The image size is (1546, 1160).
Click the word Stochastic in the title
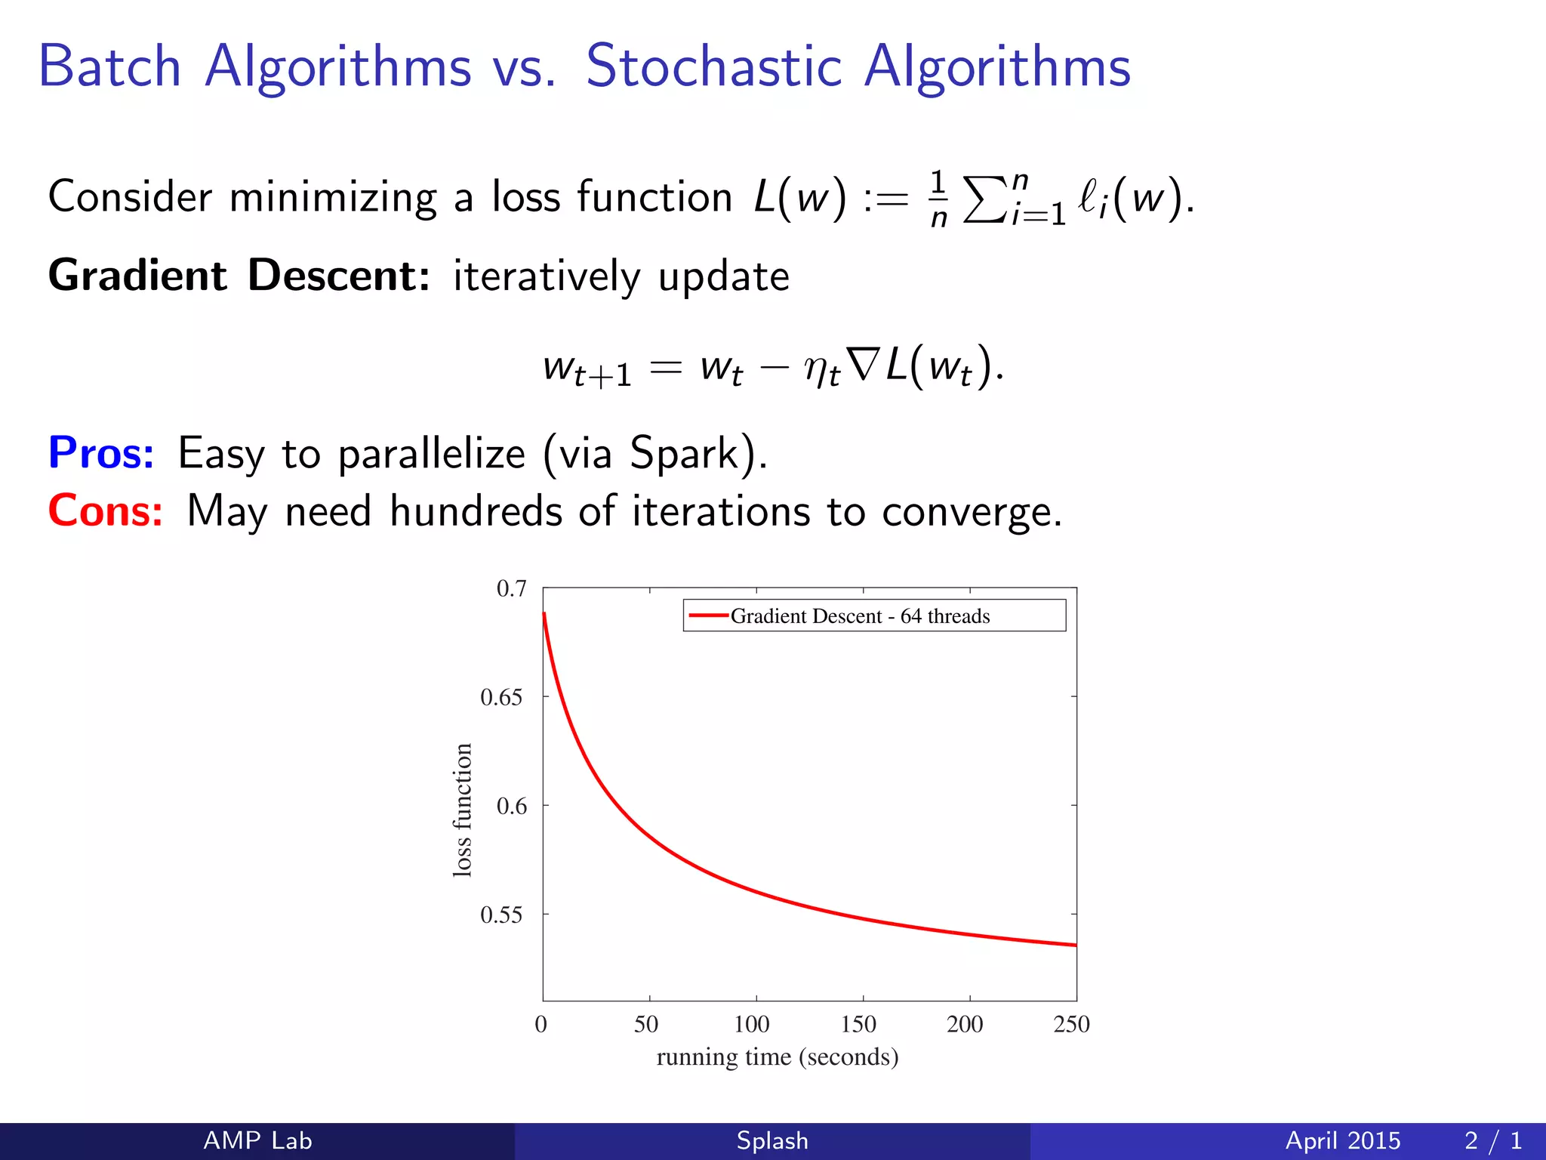(713, 66)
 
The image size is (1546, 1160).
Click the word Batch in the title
(110, 66)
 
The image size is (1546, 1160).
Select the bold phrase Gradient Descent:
(239, 275)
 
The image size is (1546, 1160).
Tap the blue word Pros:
(101, 453)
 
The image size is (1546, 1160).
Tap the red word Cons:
(105, 511)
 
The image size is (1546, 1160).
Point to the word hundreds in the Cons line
(476, 511)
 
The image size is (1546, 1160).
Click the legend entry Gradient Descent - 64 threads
(859, 616)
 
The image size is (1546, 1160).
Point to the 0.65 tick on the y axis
(501, 697)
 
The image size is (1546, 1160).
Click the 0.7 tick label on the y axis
(511, 588)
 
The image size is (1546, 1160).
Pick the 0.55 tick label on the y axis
(501, 915)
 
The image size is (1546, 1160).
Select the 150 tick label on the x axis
(859, 1024)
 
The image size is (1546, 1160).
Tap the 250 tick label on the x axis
(1071, 1024)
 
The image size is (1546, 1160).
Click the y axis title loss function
(462, 810)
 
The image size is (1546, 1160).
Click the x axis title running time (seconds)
(778, 1057)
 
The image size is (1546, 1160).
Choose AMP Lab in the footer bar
(257, 1140)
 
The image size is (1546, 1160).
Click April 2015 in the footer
(1343, 1140)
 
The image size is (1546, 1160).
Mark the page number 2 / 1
(1492, 1140)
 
